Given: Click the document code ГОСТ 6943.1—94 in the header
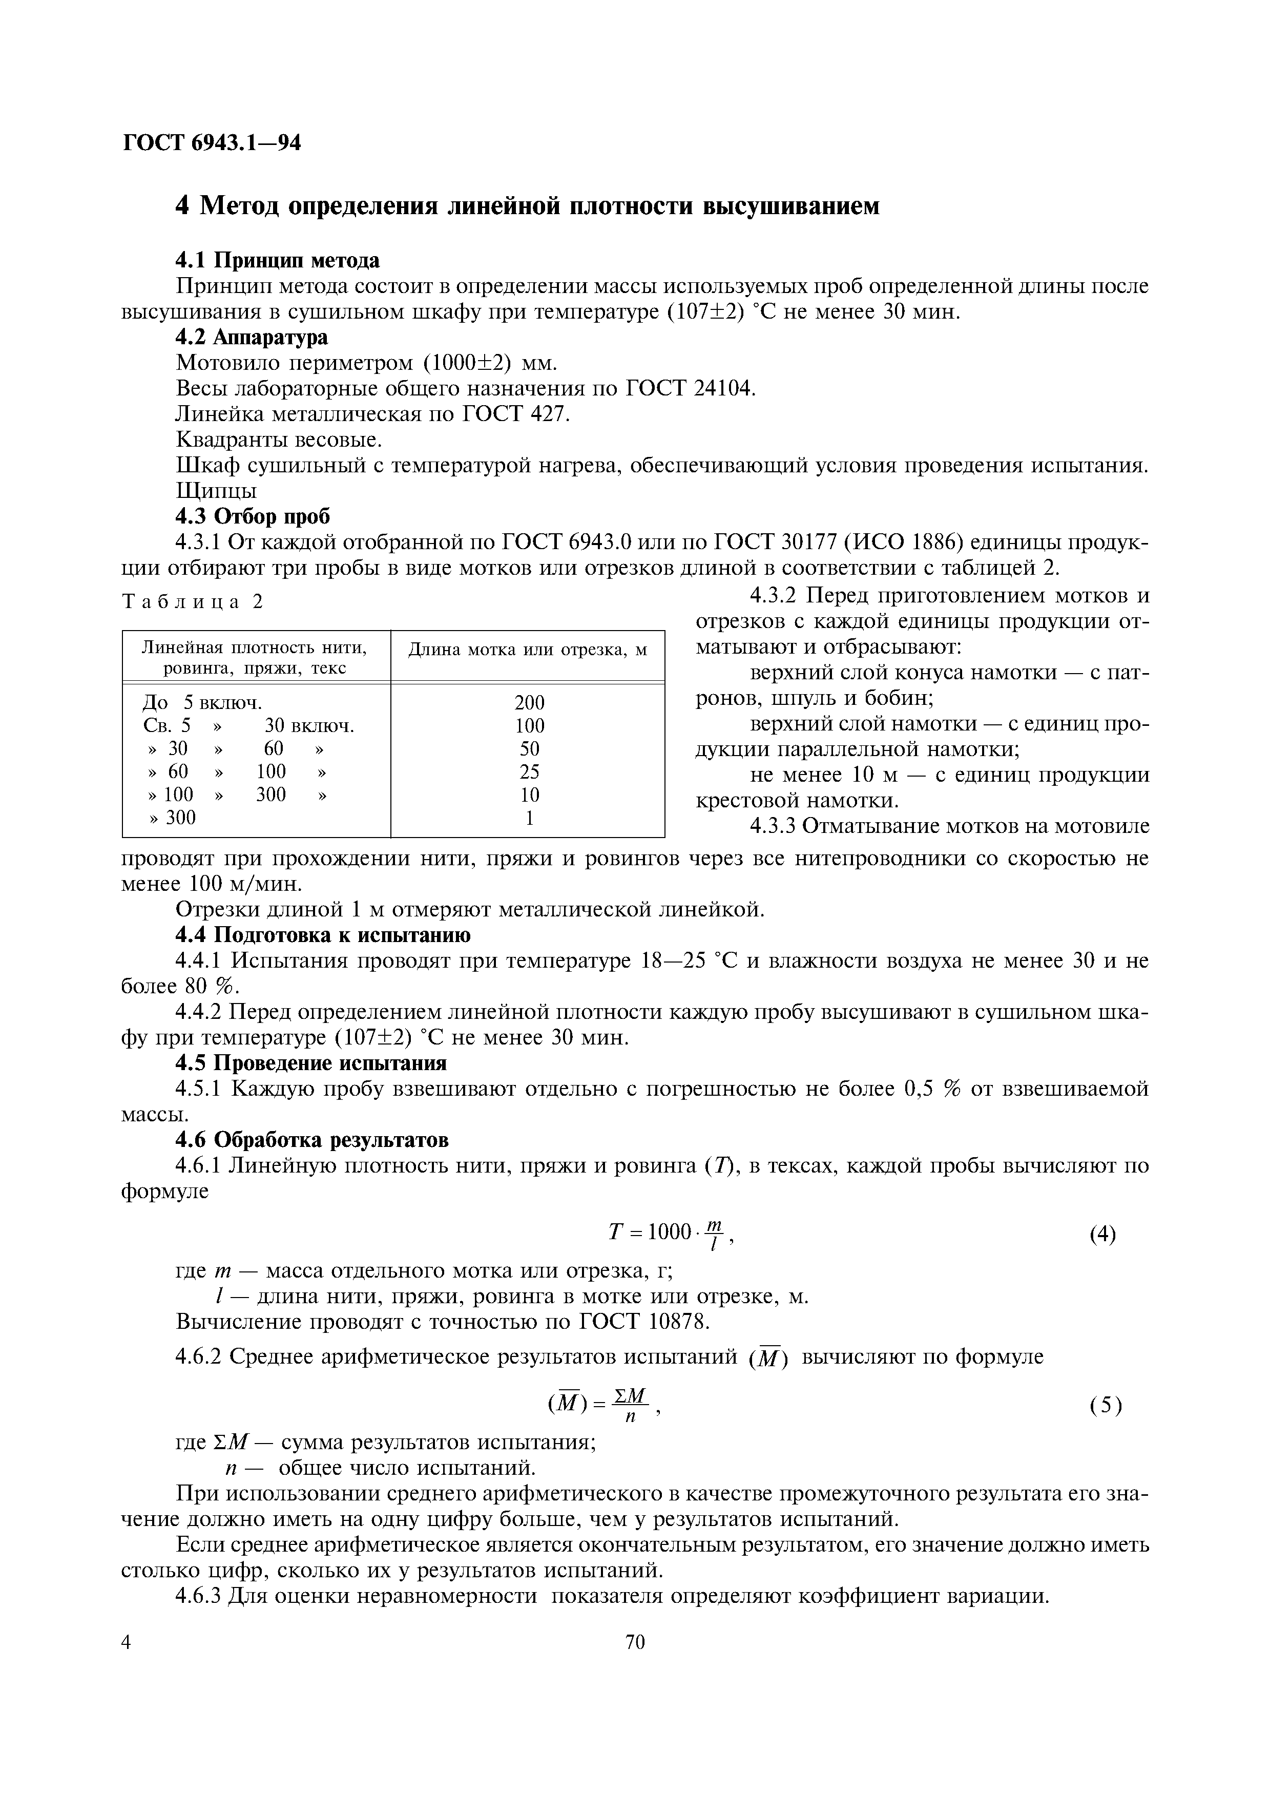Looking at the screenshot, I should (x=211, y=143).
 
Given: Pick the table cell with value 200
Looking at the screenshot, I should (x=529, y=702).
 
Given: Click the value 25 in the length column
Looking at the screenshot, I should (x=529, y=771).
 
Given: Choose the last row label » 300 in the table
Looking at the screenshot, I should (x=172, y=818).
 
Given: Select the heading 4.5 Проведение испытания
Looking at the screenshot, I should (x=310, y=1063).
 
